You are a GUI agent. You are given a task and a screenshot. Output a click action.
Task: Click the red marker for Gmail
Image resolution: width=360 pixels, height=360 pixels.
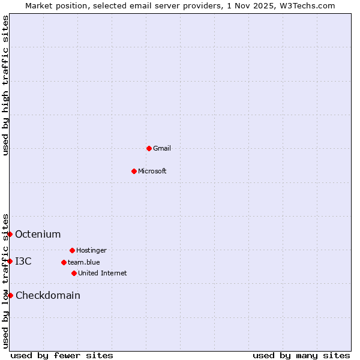[x=149, y=148]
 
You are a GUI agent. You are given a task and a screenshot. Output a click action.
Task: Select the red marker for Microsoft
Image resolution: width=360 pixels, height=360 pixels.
[x=134, y=171]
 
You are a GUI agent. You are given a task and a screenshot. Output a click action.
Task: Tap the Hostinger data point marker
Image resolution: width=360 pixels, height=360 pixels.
[x=72, y=250]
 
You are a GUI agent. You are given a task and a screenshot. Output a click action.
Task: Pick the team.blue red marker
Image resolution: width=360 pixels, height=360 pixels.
[x=64, y=262]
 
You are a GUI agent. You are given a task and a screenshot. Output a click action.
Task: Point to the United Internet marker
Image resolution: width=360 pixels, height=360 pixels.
[x=74, y=273]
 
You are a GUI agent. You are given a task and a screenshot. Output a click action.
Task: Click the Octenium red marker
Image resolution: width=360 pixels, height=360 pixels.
[x=10, y=234]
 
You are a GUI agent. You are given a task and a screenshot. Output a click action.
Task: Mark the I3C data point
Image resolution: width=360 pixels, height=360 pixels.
[x=10, y=261]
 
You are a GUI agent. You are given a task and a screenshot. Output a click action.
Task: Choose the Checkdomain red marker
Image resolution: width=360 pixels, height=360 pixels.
[x=10, y=295]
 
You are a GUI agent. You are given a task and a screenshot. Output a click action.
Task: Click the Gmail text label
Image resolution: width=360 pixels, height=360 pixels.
[x=162, y=148]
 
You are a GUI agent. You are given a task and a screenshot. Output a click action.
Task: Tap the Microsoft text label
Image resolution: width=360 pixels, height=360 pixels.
[x=152, y=171]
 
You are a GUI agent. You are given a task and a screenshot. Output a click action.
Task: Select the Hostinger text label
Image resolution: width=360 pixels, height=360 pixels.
[x=91, y=250]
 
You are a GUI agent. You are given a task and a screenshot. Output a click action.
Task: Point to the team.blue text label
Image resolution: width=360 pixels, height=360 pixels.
[x=84, y=262]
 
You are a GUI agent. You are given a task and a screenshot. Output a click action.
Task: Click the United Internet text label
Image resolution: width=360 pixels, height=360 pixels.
[x=103, y=273]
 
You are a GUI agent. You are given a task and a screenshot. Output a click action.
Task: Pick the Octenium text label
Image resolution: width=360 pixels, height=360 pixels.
[x=38, y=234]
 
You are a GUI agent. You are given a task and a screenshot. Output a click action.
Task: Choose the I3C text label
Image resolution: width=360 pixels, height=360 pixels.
[x=23, y=261]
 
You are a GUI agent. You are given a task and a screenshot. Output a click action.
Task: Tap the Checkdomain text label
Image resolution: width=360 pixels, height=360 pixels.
[x=48, y=295]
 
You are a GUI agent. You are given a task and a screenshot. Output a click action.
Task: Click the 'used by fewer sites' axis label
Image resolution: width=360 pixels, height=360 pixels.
[x=62, y=355]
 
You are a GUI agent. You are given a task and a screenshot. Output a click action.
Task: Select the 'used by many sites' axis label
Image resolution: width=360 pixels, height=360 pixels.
[x=301, y=355]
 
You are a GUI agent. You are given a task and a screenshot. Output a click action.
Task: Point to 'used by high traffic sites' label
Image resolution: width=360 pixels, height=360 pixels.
[x=5, y=85]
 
